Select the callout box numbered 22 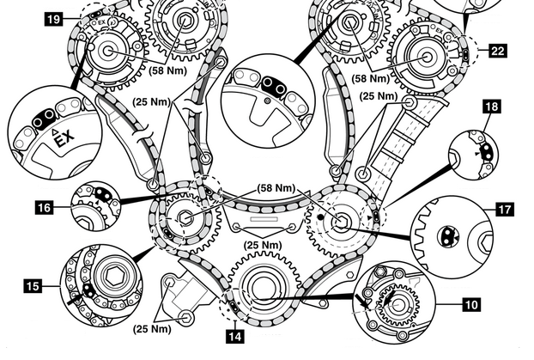coord(499,52)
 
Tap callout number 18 coord(492,107)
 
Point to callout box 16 coord(45,206)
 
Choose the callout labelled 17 coord(502,207)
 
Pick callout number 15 coord(33,284)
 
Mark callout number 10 coord(472,303)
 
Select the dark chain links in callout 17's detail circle coord(446,233)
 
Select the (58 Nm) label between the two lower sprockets coord(276,187)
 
